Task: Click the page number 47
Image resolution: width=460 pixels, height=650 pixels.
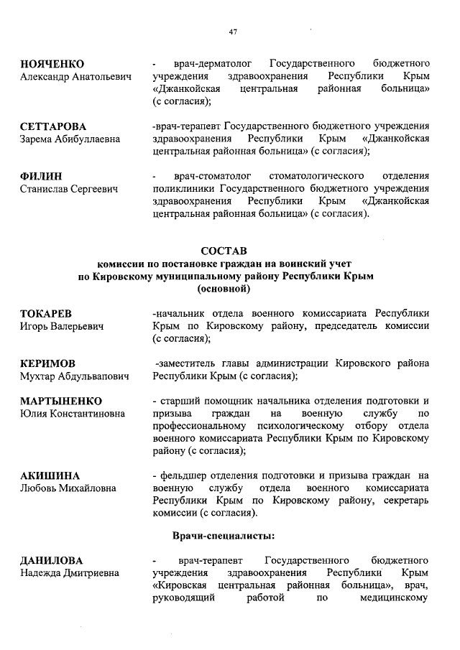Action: [232, 31]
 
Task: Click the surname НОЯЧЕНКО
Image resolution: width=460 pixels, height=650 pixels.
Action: [52, 64]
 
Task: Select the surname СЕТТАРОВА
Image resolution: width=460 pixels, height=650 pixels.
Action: [52, 126]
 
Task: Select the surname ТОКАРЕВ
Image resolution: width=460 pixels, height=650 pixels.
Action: [50, 314]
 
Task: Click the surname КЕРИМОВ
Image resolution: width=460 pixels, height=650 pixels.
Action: [47, 363]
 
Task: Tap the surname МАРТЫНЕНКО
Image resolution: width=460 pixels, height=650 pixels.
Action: [61, 401]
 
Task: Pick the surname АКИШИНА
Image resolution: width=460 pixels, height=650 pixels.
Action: [50, 475]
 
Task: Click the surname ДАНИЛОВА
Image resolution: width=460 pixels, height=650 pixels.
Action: [52, 560]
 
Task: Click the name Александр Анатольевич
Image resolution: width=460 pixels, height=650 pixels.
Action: [75, 77]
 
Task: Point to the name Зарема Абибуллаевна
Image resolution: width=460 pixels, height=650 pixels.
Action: [70, 139]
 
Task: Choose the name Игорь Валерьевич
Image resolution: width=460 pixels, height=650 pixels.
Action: [62, 327]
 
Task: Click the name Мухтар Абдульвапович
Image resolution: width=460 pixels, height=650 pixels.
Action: [74, 376]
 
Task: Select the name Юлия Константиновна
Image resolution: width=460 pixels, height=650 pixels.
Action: [72, 414]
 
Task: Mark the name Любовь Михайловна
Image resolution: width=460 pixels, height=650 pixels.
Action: [68, 488]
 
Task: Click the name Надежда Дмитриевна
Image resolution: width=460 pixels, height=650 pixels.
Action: [70, 573]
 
